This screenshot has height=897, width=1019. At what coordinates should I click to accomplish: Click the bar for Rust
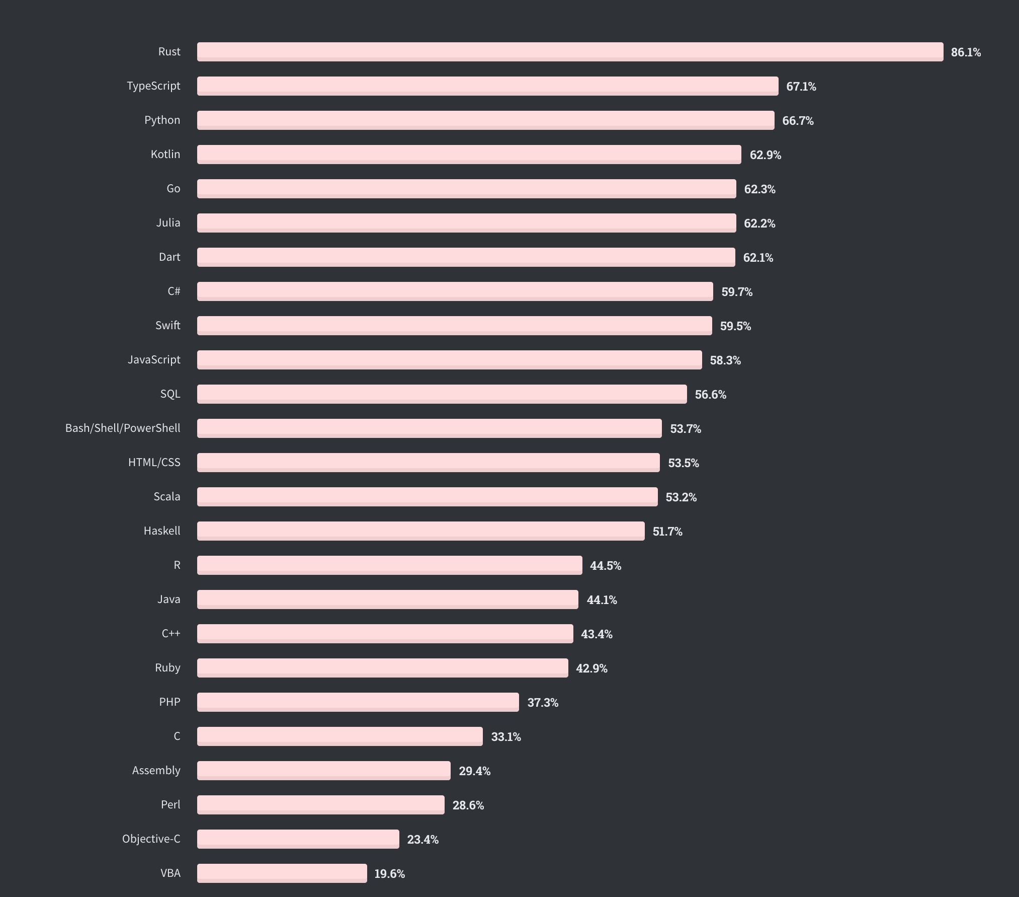coord(570,52)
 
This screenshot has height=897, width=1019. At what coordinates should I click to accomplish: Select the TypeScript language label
coord(153,86)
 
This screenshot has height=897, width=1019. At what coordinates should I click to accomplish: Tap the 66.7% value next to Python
coord(798,121)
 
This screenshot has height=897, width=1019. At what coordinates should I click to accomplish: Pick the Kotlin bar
coord(469,155)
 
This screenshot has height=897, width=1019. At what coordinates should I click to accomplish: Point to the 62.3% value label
coord(759,189)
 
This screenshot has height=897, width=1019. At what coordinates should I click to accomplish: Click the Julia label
coord(168,223)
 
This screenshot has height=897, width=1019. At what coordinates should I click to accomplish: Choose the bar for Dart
coord(466,257)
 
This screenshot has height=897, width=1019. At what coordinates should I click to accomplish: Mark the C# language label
coord(174,291)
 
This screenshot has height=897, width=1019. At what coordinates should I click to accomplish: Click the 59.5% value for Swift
coord(735,326)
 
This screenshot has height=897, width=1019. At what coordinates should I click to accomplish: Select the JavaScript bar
coord(449,360)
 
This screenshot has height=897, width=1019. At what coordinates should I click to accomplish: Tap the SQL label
coord(170,394)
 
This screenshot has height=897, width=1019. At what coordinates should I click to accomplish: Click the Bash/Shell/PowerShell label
coord(123,428)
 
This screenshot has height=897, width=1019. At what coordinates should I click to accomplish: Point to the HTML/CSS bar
coord(428,463)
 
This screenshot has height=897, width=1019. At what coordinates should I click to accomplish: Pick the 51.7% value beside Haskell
coord(667,532)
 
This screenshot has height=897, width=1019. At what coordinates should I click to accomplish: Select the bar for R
coord(389,565)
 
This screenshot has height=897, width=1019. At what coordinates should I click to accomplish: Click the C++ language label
coord(171,634)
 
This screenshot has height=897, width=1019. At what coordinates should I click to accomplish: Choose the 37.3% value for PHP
coord(543,703)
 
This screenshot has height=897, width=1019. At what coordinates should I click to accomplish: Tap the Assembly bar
coord(323,771)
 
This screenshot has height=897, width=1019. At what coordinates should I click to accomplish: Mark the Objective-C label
coord(151,839)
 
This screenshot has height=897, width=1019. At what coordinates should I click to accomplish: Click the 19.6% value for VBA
coord(389,874)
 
